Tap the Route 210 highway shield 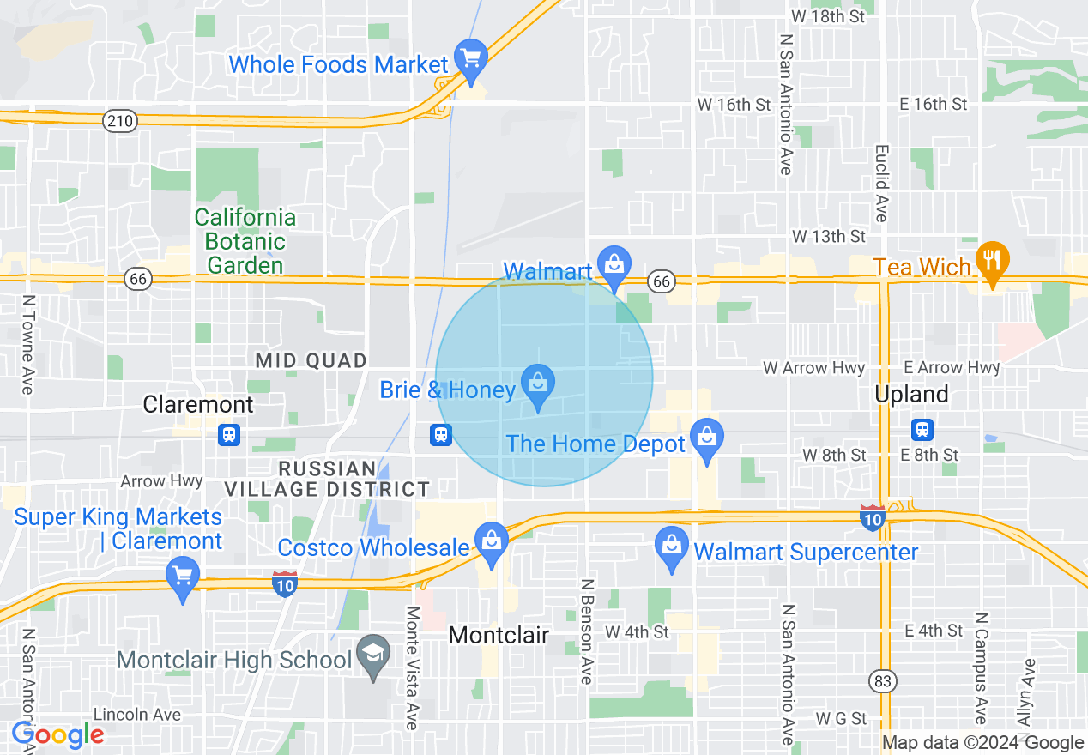click(x=120, y=121)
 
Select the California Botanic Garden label click(x=245, y=241)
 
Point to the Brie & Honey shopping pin click(x=538, y=384)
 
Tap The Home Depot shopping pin click(x=706, y=437)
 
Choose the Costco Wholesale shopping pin click(x=492, y=541)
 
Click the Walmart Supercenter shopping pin click(x=672, y=546)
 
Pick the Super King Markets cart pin click(x=182, y=575)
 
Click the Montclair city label click(x=499, y=635)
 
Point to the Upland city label click(x=911, y=394)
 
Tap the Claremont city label click(x=198, y=404)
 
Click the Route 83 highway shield click(x=880, y=682)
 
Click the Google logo click(x=57, y=735)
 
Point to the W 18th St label click(x=828, y=16)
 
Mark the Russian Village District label click(x=327, y=480)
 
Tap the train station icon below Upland click(x=922, y=429)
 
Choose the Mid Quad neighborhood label click(x=311, y=360)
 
